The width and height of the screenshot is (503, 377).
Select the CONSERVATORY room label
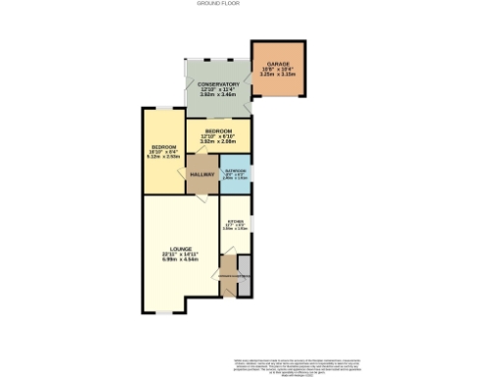[x=217, y=85]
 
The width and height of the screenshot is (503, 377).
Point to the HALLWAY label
[x=202, y=175]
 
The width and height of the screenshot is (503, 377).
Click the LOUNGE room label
[x=179, y=249]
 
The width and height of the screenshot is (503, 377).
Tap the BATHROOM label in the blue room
[x=235, y=171]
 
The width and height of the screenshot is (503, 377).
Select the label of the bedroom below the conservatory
[x=219, y=132]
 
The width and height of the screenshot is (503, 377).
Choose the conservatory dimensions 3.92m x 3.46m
[x=217, y=96]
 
